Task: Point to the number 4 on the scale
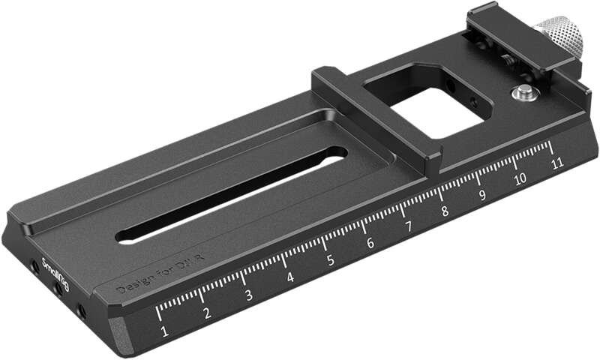coord(290,278)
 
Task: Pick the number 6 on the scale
coord(370,244)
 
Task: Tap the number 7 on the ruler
coord(409,227)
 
